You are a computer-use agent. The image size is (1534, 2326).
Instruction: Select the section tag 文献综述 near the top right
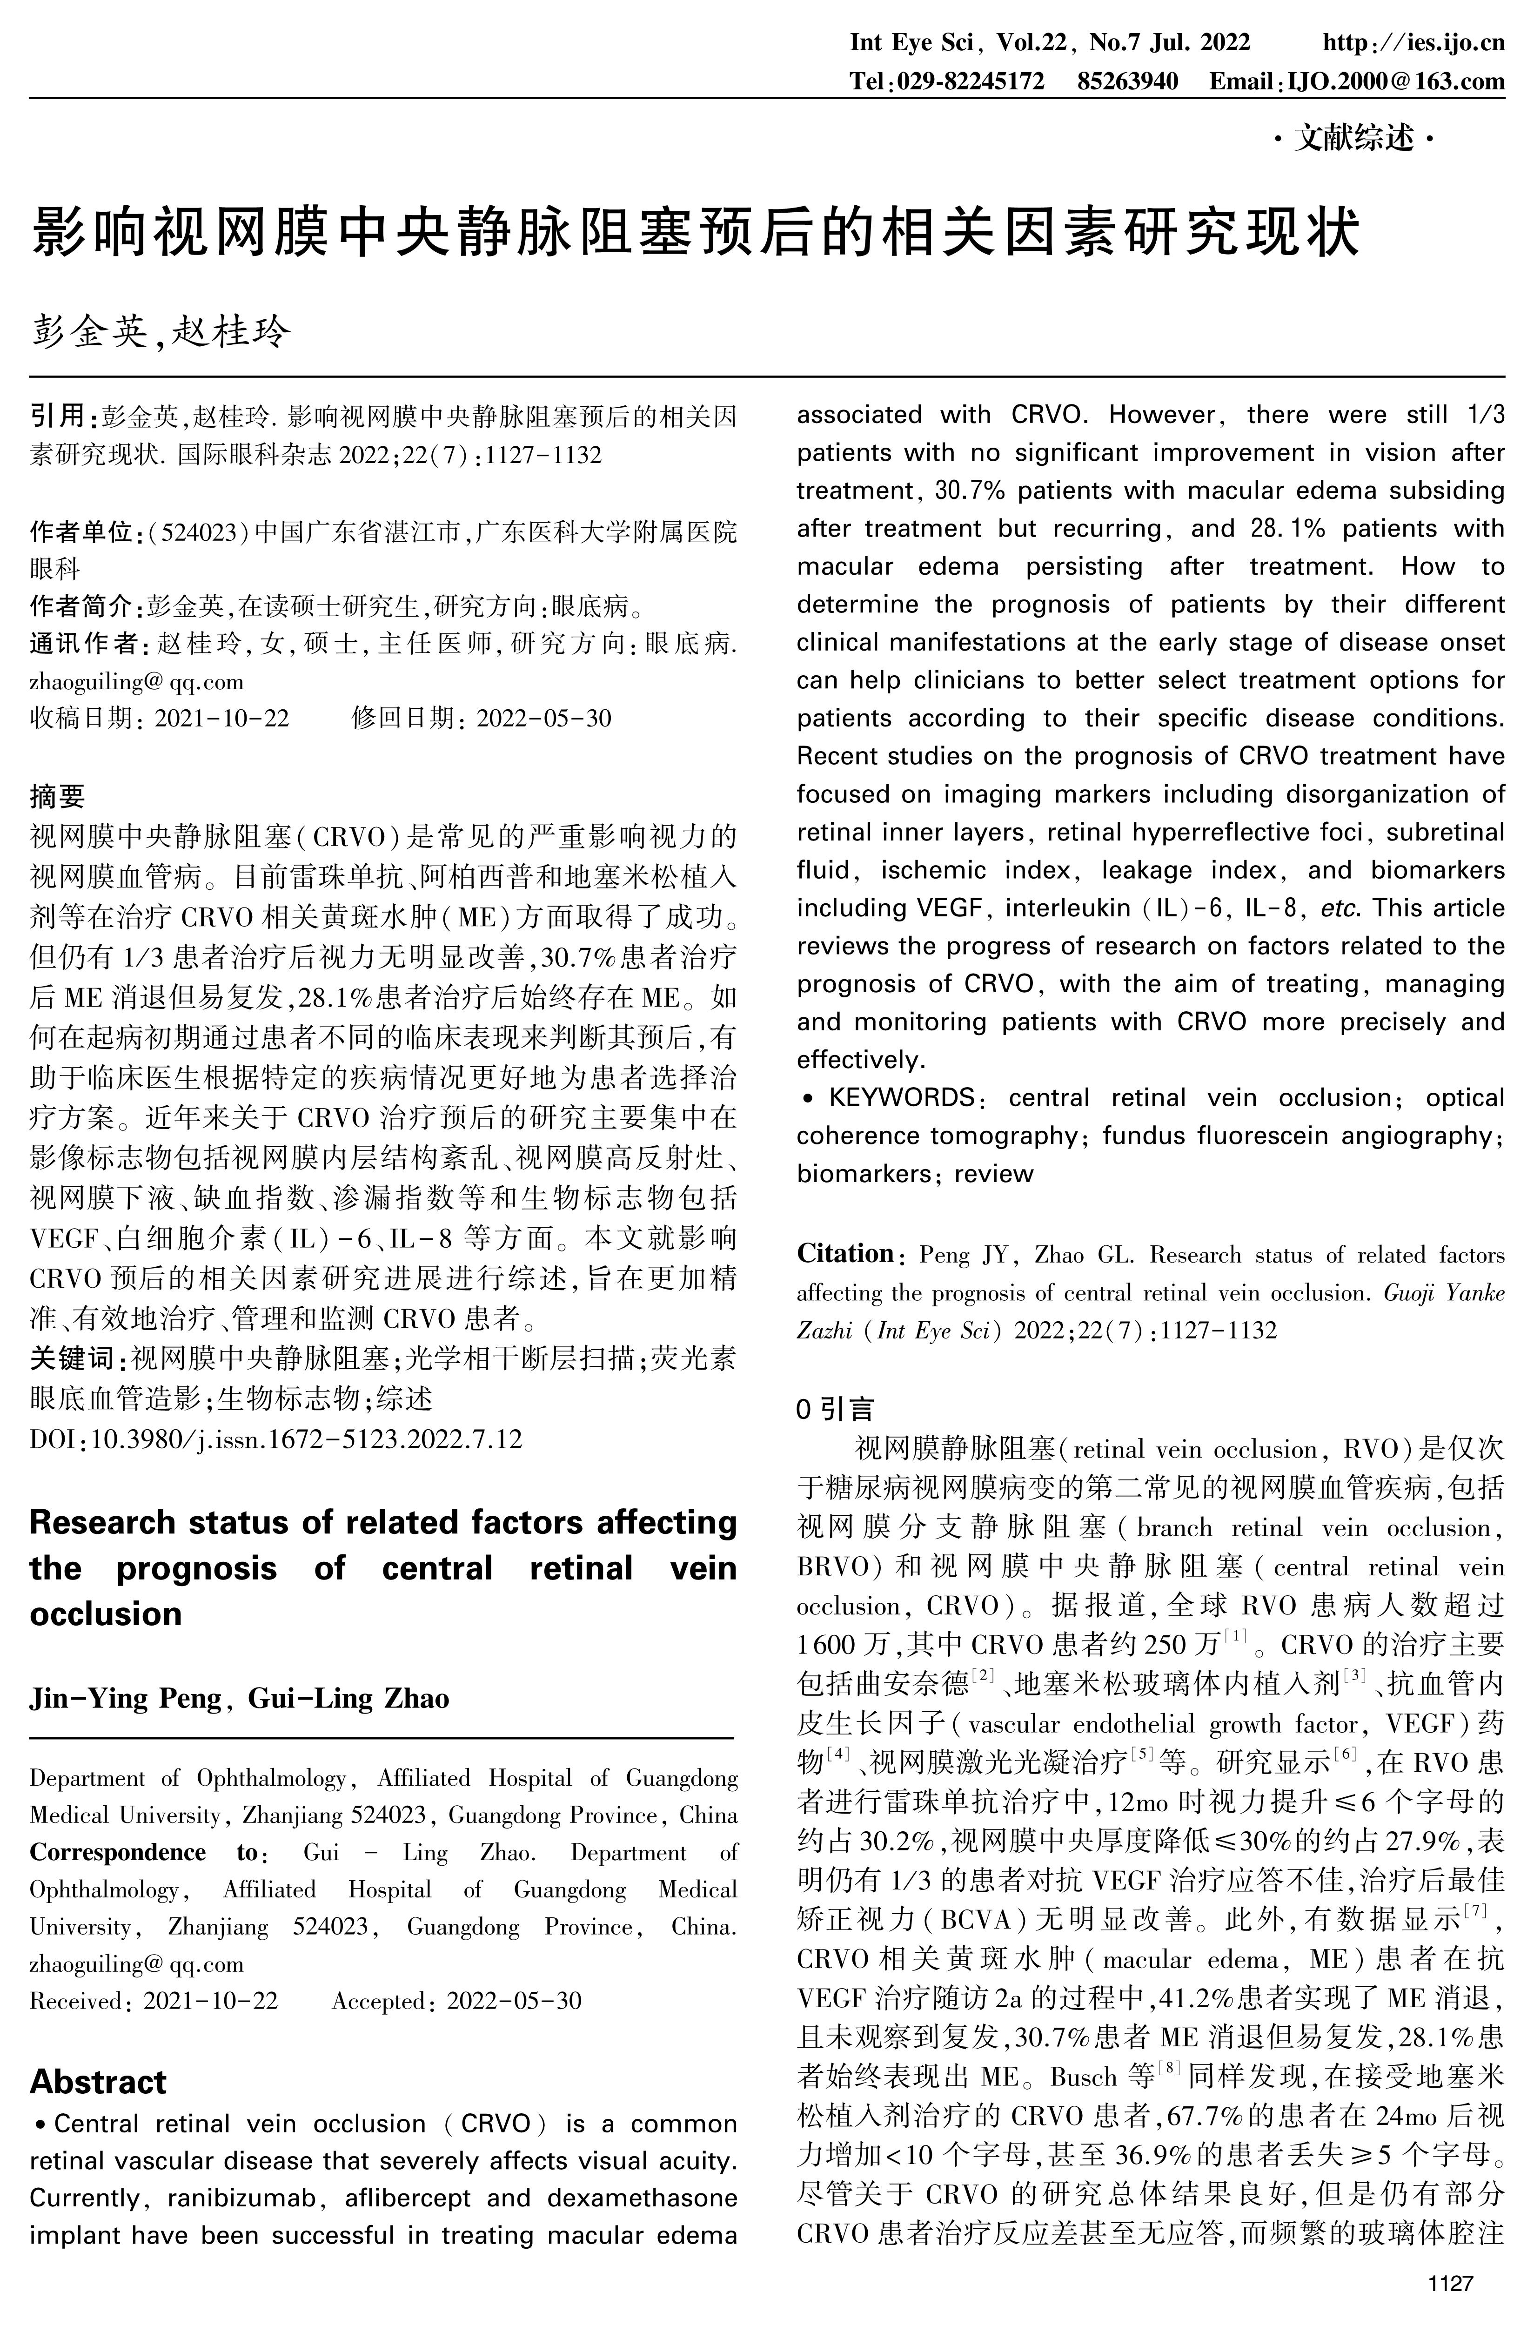(x=1355, y=140)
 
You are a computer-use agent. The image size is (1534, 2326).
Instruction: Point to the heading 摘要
(x=58, y=797)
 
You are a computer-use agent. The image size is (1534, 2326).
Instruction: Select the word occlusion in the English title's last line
(x=106, y=1613)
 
